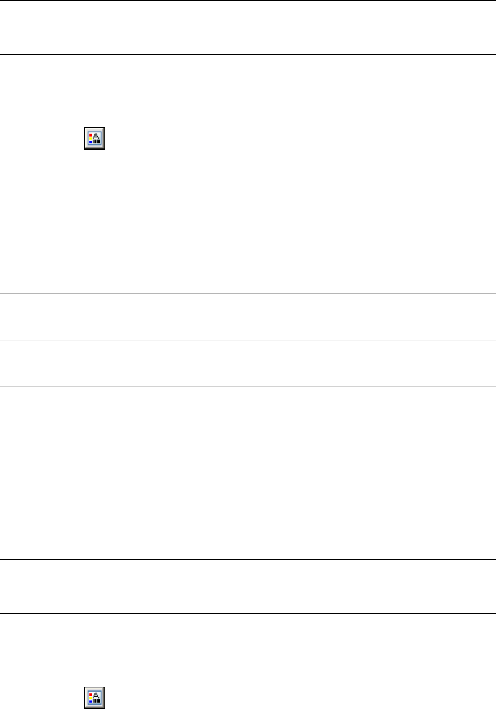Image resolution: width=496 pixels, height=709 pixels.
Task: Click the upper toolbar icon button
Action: pyautogui.click(x=95, y=138)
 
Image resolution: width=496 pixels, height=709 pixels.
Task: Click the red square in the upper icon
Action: pyautogui.click(x=91, y=135)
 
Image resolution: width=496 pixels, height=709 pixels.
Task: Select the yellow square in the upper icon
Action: pyautogui.click(x=91, y=138)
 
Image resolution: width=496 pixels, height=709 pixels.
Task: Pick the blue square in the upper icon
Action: pyautogui.click(x=91, y=142)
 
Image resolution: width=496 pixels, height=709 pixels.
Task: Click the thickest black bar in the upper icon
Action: pyautogui.click(x=99, y=142)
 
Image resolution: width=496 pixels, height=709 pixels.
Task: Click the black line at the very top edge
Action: pyautogui.click(x=248, y=1)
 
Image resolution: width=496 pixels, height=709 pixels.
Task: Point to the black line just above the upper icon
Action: pyautogui.click(x=248, y=54)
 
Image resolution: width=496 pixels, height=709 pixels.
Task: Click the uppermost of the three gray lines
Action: pyautogui.click(x=248, y=293)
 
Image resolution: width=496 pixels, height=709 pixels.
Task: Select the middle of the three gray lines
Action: pyautogui.click(x=248, y=340)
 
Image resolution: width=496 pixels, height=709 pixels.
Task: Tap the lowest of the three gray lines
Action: pyautogui.click(x=248, y=386)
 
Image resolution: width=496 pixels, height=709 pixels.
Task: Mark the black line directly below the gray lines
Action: pyautogui.click(x=248, y=559)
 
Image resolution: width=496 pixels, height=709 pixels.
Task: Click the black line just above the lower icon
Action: pyautogui.click(x=248, y=613)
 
